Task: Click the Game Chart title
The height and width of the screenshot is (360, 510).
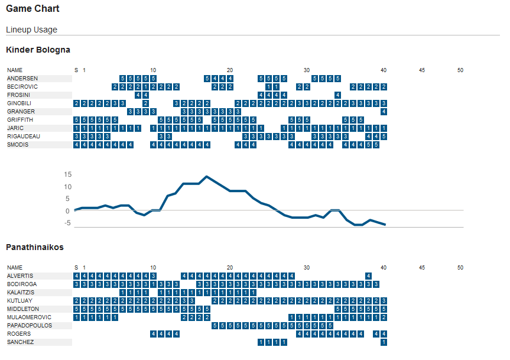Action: pos(33,9)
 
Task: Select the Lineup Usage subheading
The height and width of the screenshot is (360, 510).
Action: pos(31,30)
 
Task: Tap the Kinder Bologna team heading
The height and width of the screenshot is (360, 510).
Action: pos(38,50)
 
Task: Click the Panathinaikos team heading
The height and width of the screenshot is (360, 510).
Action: pos(34,247)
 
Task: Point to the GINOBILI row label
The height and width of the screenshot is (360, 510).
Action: pos(19,103)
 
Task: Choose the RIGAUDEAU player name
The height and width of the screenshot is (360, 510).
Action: pos(22,137)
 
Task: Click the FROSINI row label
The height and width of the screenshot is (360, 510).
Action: pos(18,95)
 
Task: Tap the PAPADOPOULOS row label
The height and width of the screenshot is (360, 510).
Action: pos(30,326)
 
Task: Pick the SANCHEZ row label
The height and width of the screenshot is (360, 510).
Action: pos(20,342)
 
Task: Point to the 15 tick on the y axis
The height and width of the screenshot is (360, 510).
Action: pos(67,174)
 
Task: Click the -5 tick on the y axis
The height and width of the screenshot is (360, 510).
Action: pos(67,223)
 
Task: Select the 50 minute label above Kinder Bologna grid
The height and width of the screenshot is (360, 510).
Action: pos(460,70)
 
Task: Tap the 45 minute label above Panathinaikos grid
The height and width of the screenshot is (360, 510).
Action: pos(422,268)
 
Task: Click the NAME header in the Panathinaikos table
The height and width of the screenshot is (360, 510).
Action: pos(15,268)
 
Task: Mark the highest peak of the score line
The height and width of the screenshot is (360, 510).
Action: pos(206,176)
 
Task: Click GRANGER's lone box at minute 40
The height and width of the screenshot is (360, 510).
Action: pos(384,112)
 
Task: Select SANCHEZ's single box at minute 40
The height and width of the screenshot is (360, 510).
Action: pos(384,342)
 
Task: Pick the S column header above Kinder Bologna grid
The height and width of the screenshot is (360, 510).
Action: pos(76,70)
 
